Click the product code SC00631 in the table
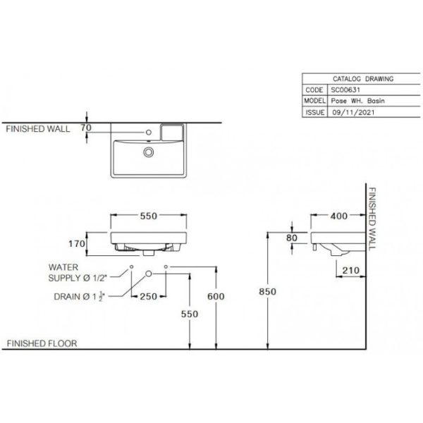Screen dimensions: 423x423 (345, 90)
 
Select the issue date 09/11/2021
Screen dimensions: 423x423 (353, 112)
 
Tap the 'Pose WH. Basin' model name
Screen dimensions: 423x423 (357, 101)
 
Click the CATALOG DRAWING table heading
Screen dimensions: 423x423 (363, 79)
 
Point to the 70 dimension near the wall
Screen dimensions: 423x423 (86, 128)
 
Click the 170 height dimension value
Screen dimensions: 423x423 (77, 244)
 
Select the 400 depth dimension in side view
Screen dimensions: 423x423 (339, 216)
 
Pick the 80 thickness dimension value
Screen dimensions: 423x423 (292, 238)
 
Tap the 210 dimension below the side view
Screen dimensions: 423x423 (350, 270)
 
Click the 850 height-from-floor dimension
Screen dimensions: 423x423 (267, 292)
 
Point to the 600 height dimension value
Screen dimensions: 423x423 (216, 297)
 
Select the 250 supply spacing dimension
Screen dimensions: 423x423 (148, 297)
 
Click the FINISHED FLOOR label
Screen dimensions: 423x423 (42, 343)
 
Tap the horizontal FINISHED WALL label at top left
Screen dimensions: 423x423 (38, 129)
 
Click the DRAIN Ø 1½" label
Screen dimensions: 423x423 (79, 297)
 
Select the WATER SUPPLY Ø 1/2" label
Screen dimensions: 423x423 (78, 272)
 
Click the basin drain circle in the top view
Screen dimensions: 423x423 (148, 152)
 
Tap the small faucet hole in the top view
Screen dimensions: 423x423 (148, 133)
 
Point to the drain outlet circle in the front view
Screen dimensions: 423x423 (148, 274)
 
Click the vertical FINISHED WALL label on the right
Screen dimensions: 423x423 (372, 219)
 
